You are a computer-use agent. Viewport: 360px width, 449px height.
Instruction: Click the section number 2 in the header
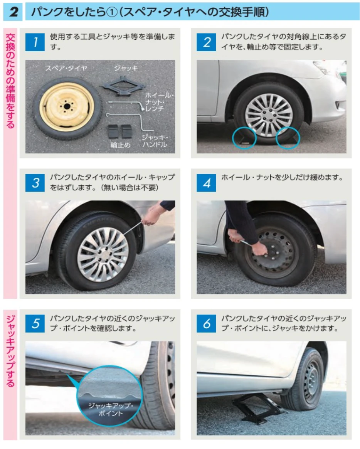pos(13,12)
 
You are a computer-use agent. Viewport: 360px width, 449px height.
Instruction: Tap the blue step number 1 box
pos(35,42)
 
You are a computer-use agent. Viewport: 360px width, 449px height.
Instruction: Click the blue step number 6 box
pos(206,324)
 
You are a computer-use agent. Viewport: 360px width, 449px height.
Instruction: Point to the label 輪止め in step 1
pos(120,145)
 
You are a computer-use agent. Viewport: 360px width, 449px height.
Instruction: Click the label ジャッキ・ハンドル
pos(154,141)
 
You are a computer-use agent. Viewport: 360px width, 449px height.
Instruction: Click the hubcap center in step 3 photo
pos(103,254)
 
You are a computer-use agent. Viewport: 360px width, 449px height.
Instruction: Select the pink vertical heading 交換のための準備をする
pos(10,81)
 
